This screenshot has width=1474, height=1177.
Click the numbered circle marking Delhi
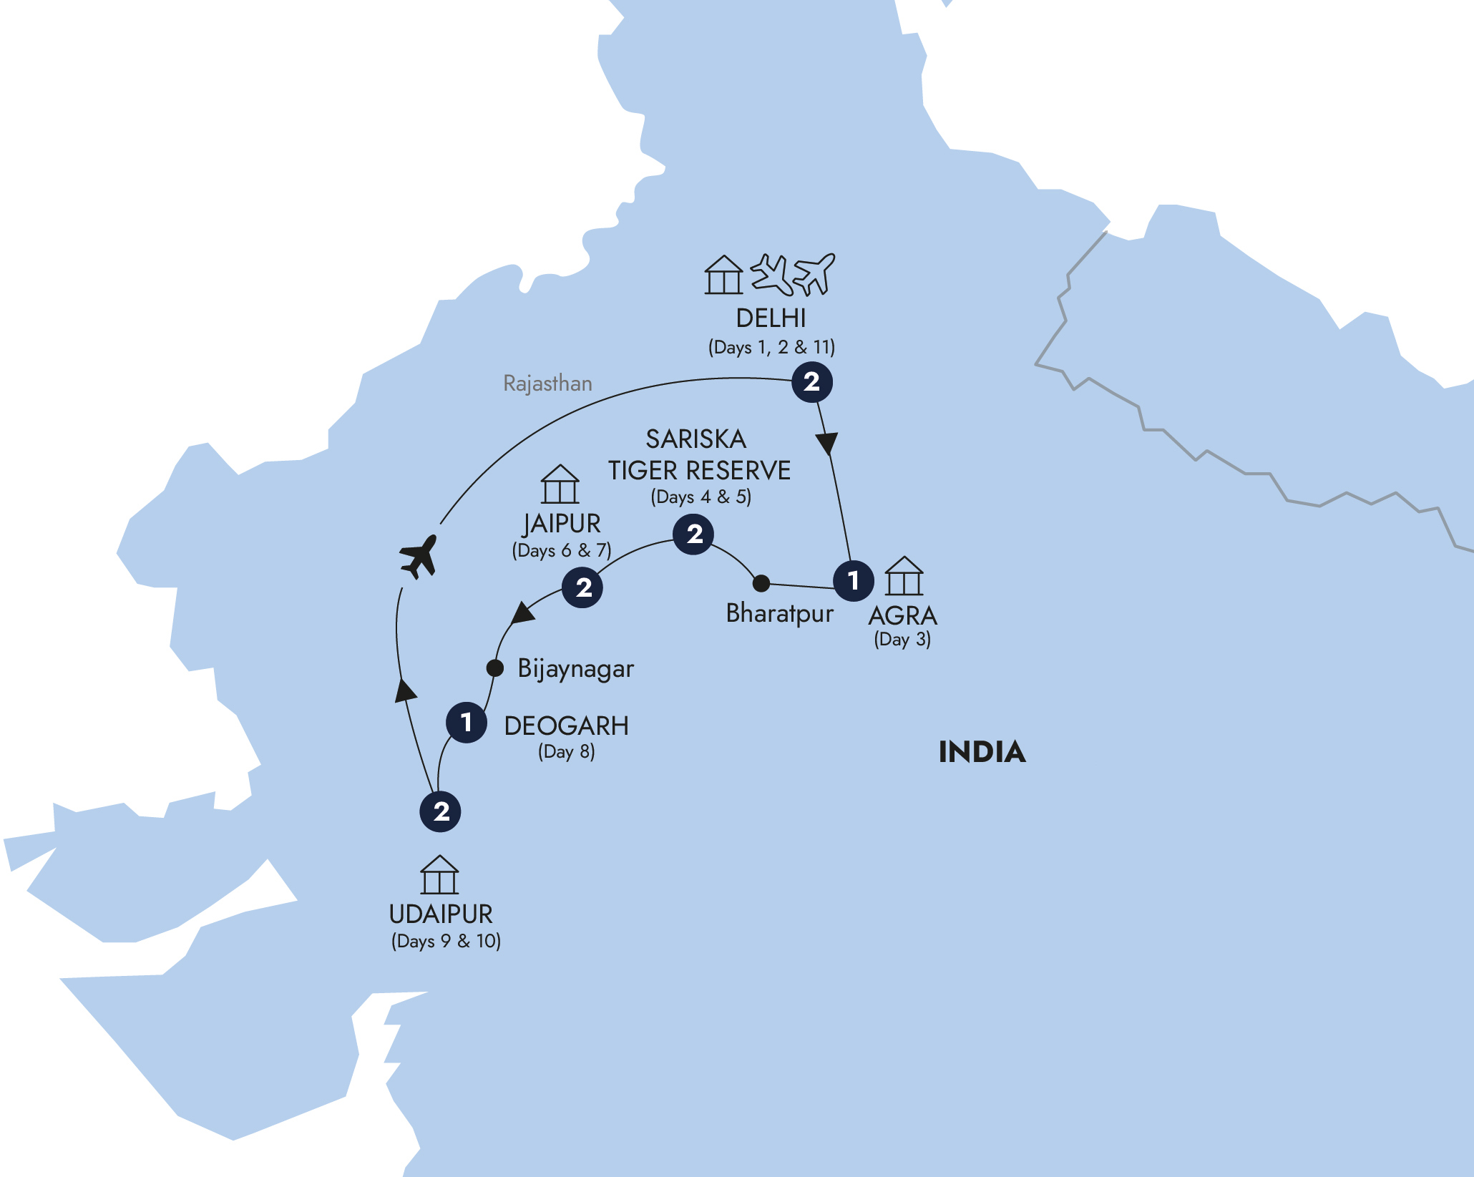pyautogui.click(x=811, y=382)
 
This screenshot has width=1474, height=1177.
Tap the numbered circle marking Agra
pyautogui.click(x=854, y=580)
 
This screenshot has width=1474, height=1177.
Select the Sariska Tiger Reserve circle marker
pyautogui.click(x=693, y=534)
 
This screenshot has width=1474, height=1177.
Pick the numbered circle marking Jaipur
pyautogui.click(x=582, y=587)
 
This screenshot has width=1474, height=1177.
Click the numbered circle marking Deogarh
pyautogui.click(x=467, y=722)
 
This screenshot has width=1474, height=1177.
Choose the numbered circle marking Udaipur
pyautogui.click(x=440, y=811)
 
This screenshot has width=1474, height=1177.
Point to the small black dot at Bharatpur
pyautogui.click(x=761, y=583)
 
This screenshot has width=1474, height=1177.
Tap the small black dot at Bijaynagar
pyautogui.click(x=494, y=668)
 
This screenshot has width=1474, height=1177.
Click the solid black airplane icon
pyautogui.click(x=419, y=556)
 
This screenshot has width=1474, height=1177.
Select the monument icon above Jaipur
pyautogui.click(x=560, y=484)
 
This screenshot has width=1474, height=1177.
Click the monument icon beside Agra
pyautogui.click(x=904, y=576)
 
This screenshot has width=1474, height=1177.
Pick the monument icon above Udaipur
pyautogui.click(x=439, y=874)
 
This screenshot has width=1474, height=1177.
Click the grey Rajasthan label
pyautogui.click(x=547, y=384)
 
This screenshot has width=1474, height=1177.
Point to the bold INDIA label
pyautogui.click(x=982, y=752)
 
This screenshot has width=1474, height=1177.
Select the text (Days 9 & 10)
pyautogui.click(x=446, y=941)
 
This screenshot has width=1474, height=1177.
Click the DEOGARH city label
pyautogui.click(x=566, y=726)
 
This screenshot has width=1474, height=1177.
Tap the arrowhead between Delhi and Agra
pyautogui.click(x=827, y=443)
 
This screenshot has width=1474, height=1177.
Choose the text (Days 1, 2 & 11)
pyautogui.click(x=771, y=347)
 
